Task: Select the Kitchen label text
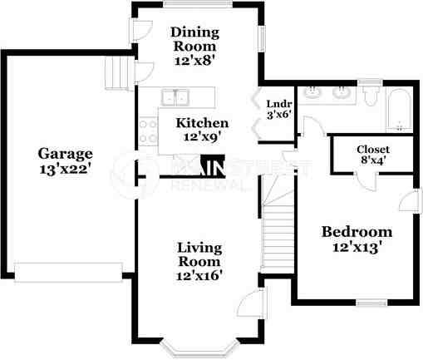pyautogui.click(x=200, y=122)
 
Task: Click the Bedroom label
pyautogui.click(x=357, y=231)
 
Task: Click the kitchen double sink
pyautogui.click(x=175, y=97)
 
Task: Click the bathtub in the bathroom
pyautogui.click(x=400, y=112)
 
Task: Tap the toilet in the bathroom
pyautogui.click(x=371, y=97)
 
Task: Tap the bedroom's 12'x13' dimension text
pyautogui.click(x=357, y=247)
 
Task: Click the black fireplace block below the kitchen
pyautogui.click(x=214, y=167)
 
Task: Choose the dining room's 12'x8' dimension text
pyautogui.click(x=194, y=61)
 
